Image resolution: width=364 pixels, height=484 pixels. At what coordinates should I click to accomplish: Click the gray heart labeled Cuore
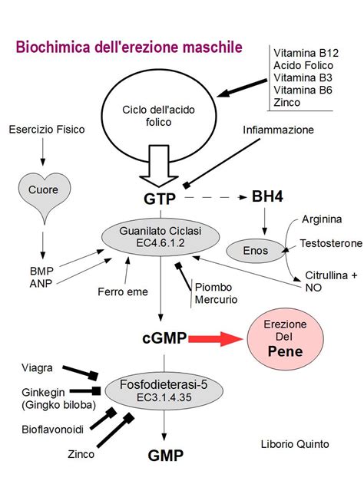[x=45, y=192]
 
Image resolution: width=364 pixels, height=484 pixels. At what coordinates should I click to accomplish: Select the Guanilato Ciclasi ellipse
[x=160, y=237]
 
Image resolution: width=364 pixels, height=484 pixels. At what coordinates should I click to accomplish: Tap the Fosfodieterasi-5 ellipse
[x=164, y=391]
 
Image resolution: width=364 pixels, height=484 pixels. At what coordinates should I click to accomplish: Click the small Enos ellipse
[x=256, y=251]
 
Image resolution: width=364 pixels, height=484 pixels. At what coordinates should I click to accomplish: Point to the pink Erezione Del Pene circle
[x=285, y=338]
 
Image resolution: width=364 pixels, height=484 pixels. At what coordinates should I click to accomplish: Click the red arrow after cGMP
[x=215, y=339]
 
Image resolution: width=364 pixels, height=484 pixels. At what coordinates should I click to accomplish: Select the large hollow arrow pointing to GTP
[x=159, y=166]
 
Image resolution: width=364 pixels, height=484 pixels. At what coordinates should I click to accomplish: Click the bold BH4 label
[x=267, y=196]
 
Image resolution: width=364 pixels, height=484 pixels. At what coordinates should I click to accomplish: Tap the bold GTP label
[x=160, y=199]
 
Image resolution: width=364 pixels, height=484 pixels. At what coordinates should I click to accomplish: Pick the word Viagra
[x=37, y=368]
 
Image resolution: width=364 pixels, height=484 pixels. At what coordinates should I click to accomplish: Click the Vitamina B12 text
[x=306, y=53]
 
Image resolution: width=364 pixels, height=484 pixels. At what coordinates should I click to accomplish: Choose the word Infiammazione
[x=278, y=130]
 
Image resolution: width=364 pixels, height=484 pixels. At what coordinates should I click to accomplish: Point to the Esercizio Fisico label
[x=47, y=130]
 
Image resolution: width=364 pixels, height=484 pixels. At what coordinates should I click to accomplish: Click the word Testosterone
[x=331, y=243]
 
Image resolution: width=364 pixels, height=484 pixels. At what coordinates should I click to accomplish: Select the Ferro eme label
[x=123, y=291]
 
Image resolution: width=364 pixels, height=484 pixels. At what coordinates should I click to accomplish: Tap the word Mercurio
[x=216, y=300]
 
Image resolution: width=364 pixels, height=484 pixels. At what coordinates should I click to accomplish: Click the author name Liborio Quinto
[x=295, y=444]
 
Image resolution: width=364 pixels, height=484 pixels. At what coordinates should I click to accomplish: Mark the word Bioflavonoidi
[x=52, y=430]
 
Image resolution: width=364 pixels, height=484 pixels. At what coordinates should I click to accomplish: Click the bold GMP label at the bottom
[x=166, y=456]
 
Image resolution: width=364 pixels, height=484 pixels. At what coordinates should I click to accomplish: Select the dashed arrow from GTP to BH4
[x=216, y=197]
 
